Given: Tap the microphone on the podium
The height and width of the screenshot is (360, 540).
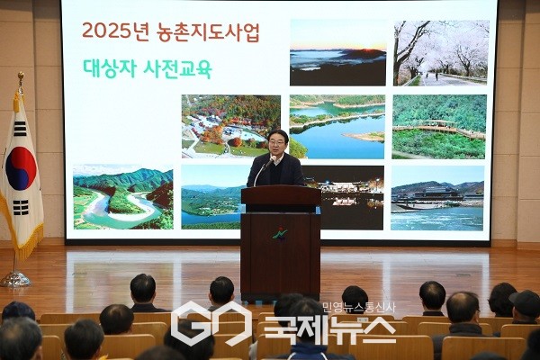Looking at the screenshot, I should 270,163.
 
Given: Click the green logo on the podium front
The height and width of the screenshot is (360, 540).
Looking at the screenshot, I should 280,235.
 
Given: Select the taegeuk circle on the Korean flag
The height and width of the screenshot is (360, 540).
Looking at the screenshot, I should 21,168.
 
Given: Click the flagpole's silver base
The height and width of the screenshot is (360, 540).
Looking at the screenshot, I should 14,279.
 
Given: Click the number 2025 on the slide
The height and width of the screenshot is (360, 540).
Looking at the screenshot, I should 102,32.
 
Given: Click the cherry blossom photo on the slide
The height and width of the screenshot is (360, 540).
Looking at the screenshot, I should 441,52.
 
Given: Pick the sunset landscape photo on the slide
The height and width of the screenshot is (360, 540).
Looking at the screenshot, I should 337,52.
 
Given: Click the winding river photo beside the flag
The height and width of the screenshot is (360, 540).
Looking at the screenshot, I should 122,196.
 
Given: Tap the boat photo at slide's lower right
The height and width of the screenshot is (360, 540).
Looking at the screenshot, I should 437,197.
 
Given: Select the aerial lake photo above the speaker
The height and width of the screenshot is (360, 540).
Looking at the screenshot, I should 337,126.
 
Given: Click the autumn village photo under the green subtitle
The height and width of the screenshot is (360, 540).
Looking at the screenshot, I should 230,126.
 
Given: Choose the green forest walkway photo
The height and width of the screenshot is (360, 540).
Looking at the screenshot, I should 439,126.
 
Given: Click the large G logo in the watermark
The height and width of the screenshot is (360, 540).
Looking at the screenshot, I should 198,324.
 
